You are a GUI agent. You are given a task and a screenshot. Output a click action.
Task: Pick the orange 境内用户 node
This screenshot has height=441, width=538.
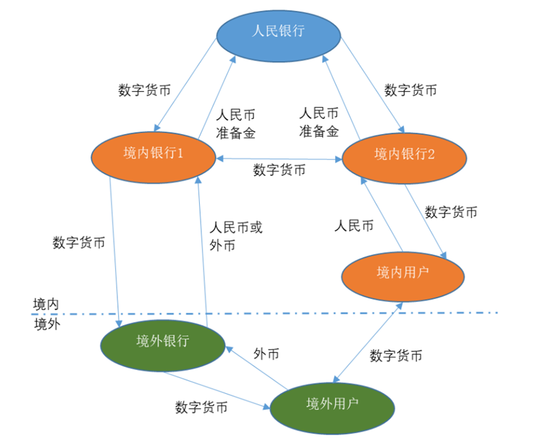(402, 273)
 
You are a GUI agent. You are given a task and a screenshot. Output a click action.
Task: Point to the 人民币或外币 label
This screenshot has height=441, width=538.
(235, 236)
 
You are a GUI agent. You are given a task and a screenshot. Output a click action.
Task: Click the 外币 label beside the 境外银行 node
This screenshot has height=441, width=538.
(266, 354)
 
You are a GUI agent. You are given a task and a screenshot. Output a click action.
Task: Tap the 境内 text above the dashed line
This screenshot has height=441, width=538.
(46, 302)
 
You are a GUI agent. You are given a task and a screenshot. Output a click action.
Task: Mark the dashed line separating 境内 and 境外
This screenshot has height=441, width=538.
(290, 314)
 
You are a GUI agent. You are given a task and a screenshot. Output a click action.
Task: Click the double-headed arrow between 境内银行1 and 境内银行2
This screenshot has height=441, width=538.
(278, 158)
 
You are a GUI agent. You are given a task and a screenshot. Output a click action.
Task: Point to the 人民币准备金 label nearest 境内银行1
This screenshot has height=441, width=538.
(236, 123)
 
